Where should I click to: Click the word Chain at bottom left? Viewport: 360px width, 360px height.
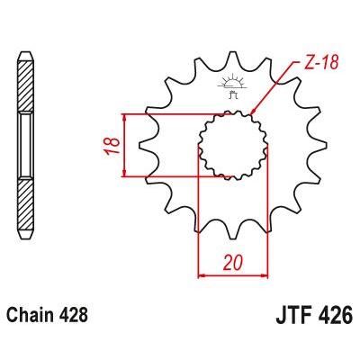click(29, 317)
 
